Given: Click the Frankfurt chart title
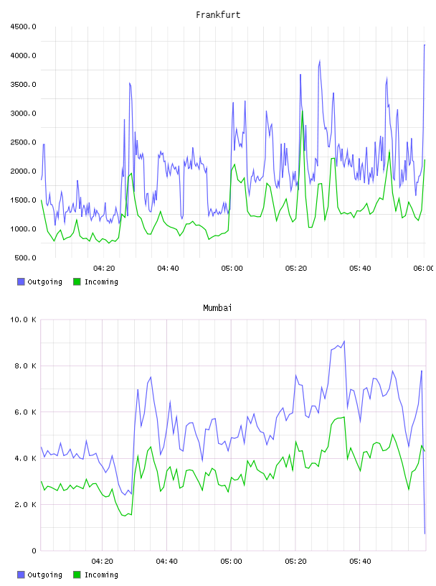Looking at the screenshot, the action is pyautogui.click(x=218, y=15).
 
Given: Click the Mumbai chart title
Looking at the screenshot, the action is pyautogui.click(x=217, y=308).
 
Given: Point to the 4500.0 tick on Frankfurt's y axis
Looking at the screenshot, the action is pyautogui.click(x=23, y=27).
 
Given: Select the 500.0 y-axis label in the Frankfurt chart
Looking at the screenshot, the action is pyautogui.click(x=25, y=258).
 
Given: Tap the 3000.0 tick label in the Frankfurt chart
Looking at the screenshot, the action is pyautogui.click(x=23, y=113).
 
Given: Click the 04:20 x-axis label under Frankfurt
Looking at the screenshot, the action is pyautogui.click(x=104, y=269).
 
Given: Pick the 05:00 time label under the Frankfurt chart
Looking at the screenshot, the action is pyautogui.click(x=232, y=269).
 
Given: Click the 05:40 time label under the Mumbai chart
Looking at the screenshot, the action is pyautogui.click(x=360, y=562).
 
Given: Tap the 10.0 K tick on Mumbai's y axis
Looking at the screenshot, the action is pyautogui.click(x=23, y=320).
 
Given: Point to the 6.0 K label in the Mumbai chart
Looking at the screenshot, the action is pyautogui.click(x=25, y=412).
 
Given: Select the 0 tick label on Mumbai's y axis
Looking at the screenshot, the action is pyautogui.click(x=34, y=551).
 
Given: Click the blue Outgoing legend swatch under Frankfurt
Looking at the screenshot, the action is pyautogui.click(x=21, y=282).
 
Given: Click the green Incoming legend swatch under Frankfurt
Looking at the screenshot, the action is pyautogui.click(x=77, y=282).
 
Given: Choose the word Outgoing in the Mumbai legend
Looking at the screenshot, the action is pyautogui.click(x=44, y=575).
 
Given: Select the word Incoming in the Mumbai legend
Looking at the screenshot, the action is pyautogui.click(x=101, y=575).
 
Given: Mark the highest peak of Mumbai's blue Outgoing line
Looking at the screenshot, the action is pyautogui.click(x=344, y=341).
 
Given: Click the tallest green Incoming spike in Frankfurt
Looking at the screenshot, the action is pyautogui.click(x=303, y=111).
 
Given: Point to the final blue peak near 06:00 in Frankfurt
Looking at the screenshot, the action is pyautogui.click(x=425, y=45).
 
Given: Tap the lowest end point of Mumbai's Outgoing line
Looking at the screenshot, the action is pyautogui.click(x=425, y=534).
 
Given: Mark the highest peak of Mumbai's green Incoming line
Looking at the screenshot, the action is pyautogui.click(x=343, y=417).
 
